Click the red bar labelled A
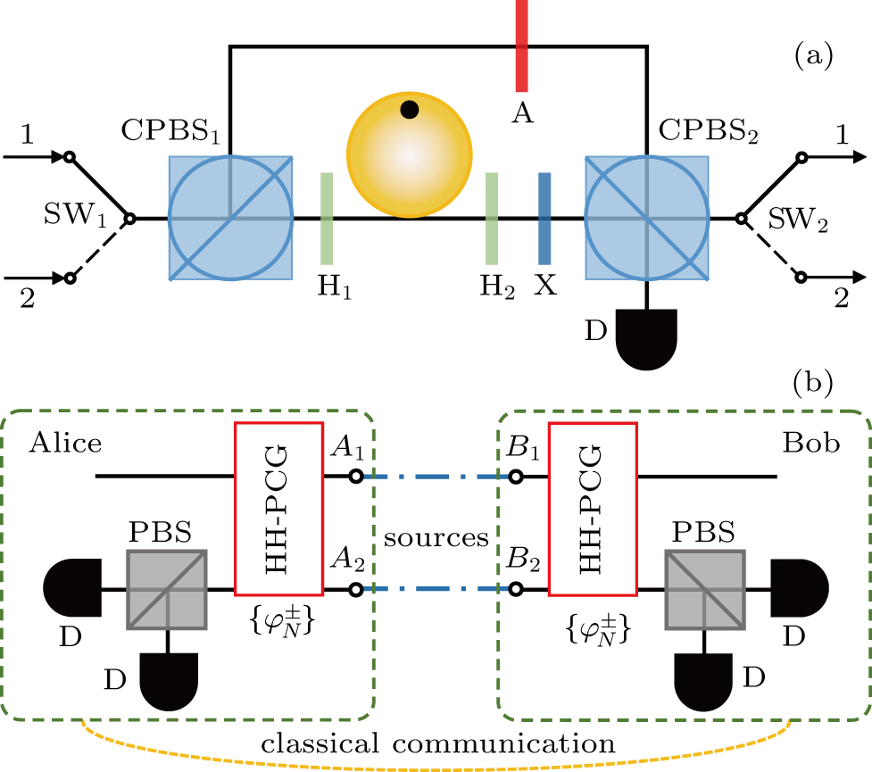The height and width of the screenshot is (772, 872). tap(522, 45)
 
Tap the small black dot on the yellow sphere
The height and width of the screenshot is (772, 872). tap(409, 110)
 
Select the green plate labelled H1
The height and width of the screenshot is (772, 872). tap(327, 218)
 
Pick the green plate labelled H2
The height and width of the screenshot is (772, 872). tap(491, 218)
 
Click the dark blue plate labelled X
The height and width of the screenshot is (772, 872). tap(544, 218)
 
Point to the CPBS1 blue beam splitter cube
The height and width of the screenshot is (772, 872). tap(231, 218)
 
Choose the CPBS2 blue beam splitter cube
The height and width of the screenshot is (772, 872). tap(647, 218)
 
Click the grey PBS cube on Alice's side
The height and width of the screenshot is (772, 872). tap(168, 590)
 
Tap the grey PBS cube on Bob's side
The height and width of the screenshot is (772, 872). tap(705, 590)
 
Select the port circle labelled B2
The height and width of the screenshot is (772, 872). tap(515, 590)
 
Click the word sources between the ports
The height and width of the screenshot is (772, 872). tap(436, 537)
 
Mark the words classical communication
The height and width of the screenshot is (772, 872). tap(436, 743)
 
